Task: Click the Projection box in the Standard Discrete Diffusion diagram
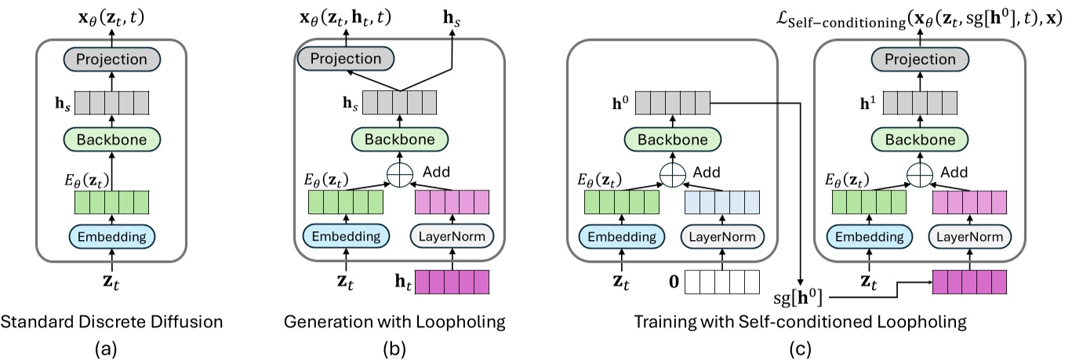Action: click(111, 60)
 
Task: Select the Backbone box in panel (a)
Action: click(111, 140)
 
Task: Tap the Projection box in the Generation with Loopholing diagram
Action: click(346, 58)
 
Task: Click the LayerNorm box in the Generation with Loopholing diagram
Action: click(451, 235)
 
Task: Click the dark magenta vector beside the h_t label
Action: click(451, 281)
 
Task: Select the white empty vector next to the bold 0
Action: click(722, 281)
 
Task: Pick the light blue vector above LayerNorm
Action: click(722, 202)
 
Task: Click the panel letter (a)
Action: click(111, 346)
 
